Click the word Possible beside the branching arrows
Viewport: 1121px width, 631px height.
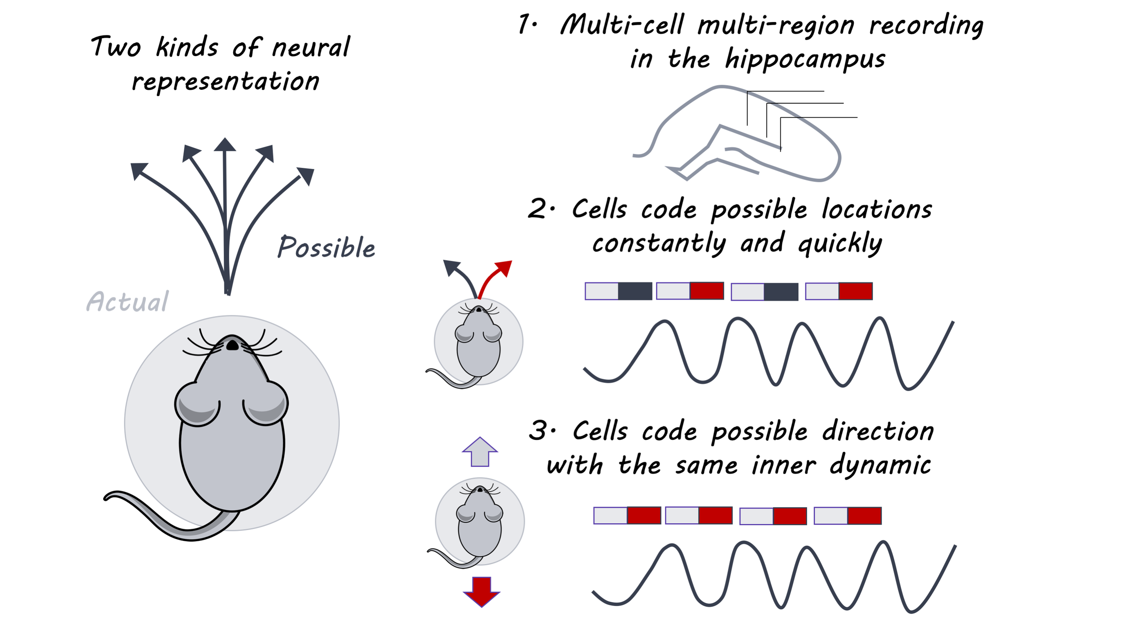[x=326, y=247]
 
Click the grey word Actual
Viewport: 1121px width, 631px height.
[x=128, y=302]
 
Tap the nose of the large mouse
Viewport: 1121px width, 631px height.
[x=232, y=345]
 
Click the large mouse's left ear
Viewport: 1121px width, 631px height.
[x=197, y=404]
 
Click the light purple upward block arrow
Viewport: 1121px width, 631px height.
[x=480, y=452]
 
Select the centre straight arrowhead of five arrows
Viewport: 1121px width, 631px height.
[x=225, y=145]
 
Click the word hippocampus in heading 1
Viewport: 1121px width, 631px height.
[x=805, y=59]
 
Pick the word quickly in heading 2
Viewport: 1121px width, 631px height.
[x=839, y=244]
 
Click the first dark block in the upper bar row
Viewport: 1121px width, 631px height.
[x=634, y=291]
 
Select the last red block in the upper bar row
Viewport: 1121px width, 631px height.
[x=855, y=291]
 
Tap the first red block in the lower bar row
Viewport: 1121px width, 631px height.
[x=643, y=516]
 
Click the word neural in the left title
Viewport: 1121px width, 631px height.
[x=311, y=47]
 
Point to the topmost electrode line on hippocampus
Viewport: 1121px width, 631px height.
[x=785, y=92]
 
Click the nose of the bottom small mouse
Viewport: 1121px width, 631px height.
[x=480, y=489]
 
